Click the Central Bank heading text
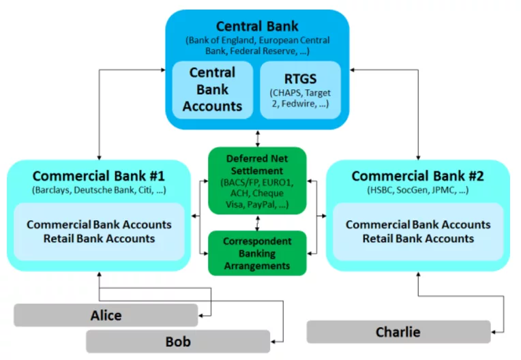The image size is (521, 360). pos(258,27)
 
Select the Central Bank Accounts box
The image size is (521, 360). pos(212,89)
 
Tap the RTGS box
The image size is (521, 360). pos(301,89)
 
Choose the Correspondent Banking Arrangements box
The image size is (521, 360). pos(257,252)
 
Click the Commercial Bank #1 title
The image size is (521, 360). pos(99,176)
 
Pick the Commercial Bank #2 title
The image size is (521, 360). pos(417,176)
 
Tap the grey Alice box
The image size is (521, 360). pos(106,315)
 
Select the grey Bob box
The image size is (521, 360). pos(178,342)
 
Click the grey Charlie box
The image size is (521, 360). pos(398,332)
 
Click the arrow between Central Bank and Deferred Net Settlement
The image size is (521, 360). pos(257,138)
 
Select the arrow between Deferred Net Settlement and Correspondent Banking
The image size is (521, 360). pos(257,224)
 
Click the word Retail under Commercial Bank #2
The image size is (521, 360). pos(380,239)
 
